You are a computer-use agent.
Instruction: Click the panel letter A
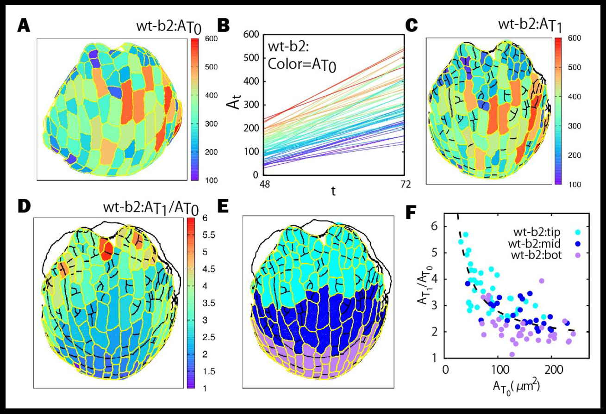tap(24, 26)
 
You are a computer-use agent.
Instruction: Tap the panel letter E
tap(223, 207)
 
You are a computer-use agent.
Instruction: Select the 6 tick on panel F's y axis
tap(435, 226)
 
